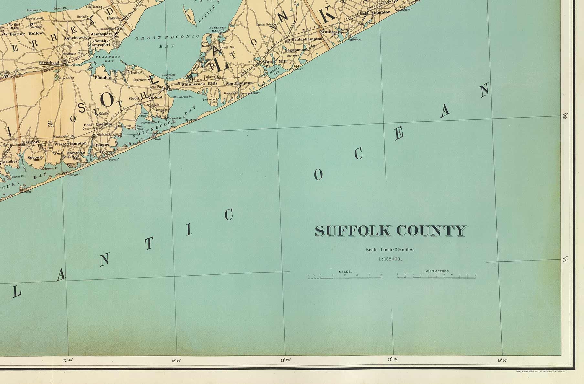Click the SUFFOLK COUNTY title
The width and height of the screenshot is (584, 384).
(391, 231)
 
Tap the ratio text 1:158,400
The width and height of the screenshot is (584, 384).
(390, 259)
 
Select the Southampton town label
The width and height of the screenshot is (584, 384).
(239, 83)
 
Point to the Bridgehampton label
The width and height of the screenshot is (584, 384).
(307, 39)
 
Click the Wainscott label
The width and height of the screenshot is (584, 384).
(329, 32)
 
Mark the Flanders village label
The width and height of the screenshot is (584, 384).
(103, 78)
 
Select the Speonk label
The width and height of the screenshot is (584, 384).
(35, 158)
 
